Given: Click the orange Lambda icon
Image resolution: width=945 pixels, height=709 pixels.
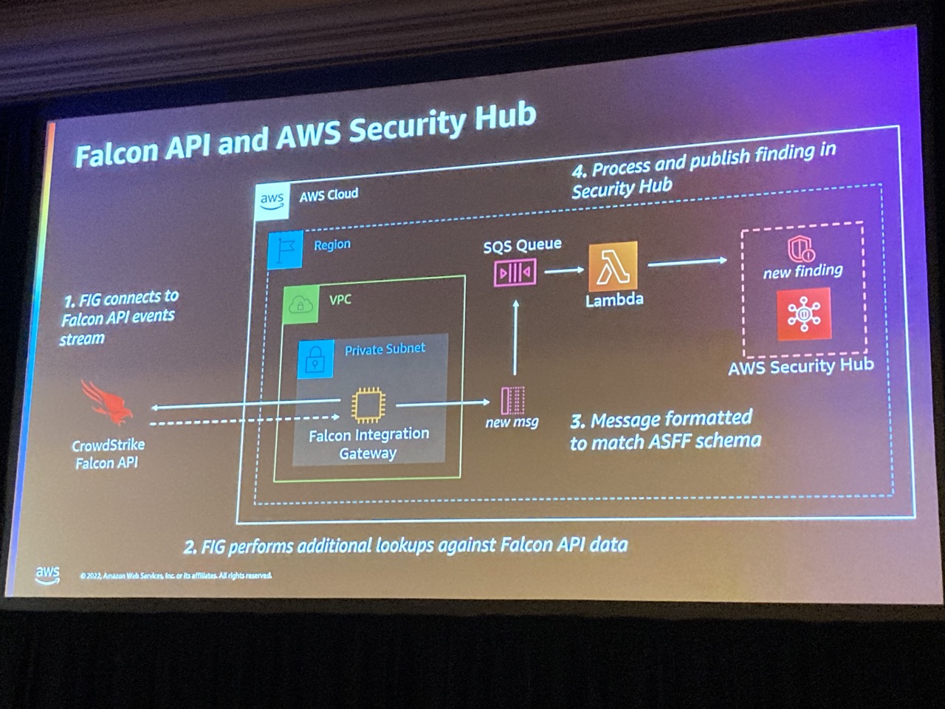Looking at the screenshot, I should tap(613, 266).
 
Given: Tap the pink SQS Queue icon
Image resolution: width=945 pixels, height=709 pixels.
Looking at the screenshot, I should tap(515, 273).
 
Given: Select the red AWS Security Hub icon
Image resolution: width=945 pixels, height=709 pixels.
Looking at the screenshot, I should tap(803, 315).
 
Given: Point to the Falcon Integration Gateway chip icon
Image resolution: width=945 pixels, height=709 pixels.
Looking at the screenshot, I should tap(368, 405).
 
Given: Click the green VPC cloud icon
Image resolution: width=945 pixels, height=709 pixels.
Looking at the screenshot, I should tap(301, 304).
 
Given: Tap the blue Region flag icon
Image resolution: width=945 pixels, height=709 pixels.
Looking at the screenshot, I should tap(285, 250).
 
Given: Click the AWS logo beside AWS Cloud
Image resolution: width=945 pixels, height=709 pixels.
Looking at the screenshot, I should tap(272, 200).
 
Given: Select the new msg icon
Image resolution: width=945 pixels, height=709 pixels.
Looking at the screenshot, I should tap(512, 400).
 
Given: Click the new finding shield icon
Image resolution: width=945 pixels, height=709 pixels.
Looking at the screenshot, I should tap(800, 248).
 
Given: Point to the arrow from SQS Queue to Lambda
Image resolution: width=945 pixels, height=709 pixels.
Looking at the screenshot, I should tap(565, 270).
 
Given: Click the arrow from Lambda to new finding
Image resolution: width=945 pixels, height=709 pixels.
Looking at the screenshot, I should tap(687, 261).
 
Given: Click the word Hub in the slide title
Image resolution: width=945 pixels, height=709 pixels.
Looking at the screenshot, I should tap(505, 118).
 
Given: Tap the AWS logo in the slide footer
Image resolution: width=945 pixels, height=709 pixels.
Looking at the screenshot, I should tap(47, 575).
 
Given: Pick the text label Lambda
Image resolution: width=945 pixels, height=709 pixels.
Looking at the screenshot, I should tap(614, 300).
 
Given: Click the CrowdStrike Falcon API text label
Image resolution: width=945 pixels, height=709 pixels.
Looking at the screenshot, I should tap(108, 453).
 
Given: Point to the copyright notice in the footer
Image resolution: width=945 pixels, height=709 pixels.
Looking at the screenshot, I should tap(176, 575).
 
